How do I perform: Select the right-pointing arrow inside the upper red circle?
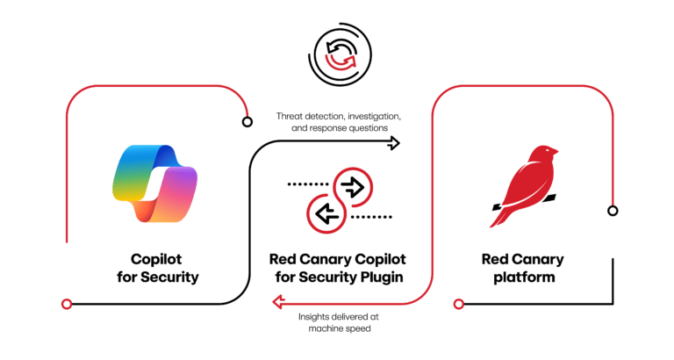pyautogui.click(x=353, y=186)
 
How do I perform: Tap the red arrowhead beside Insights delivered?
pyautogui.click(x=277, y=303)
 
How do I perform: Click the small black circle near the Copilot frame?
pyautogui.click(x=245, y=121)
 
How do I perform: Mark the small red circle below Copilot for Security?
pyautogui.click(x=66, y=303)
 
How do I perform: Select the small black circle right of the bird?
pyautogui.click(x=613, y=210)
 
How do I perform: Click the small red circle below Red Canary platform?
pyautogui.click(x=457, y=303)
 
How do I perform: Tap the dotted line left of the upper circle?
pyautogui.click(x=306, y=185)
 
